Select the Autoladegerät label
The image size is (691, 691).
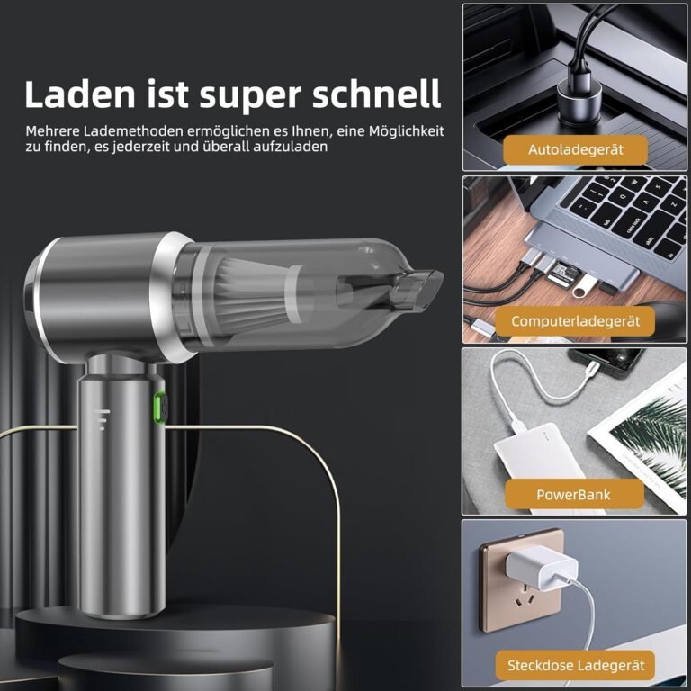pyautogui.click(x=575, y=148)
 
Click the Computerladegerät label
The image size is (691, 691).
pyautogui.click(x=575, y=320)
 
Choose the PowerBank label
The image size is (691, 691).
pyautogui.click(x=573, y=493)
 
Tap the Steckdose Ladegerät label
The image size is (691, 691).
pyautogui.click(x=575, y=666)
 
